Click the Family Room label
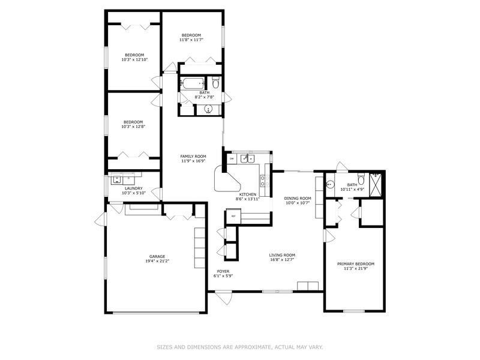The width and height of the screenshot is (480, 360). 193,157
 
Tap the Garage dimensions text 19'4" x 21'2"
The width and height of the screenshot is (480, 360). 157,261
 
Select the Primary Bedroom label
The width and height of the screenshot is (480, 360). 356,264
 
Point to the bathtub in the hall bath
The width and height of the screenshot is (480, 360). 193,83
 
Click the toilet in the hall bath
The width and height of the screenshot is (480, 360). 216,82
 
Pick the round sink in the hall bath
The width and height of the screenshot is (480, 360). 208,109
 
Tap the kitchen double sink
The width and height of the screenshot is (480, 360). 248,158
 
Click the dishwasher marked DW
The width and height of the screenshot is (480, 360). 232,158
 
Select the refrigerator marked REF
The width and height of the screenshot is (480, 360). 233,216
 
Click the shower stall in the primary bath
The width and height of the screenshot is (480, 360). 376,185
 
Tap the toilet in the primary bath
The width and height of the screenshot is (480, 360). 361,179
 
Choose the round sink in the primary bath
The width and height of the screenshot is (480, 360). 329,185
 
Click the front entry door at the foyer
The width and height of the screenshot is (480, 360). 223,298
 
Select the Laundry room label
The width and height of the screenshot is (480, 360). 133,188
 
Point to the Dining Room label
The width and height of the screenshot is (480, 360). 298,199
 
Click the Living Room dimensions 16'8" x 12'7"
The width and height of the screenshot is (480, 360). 282,260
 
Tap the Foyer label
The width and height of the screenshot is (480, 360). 223,271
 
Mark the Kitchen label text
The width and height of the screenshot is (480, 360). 248,194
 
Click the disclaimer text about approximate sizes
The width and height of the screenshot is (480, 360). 239,347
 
